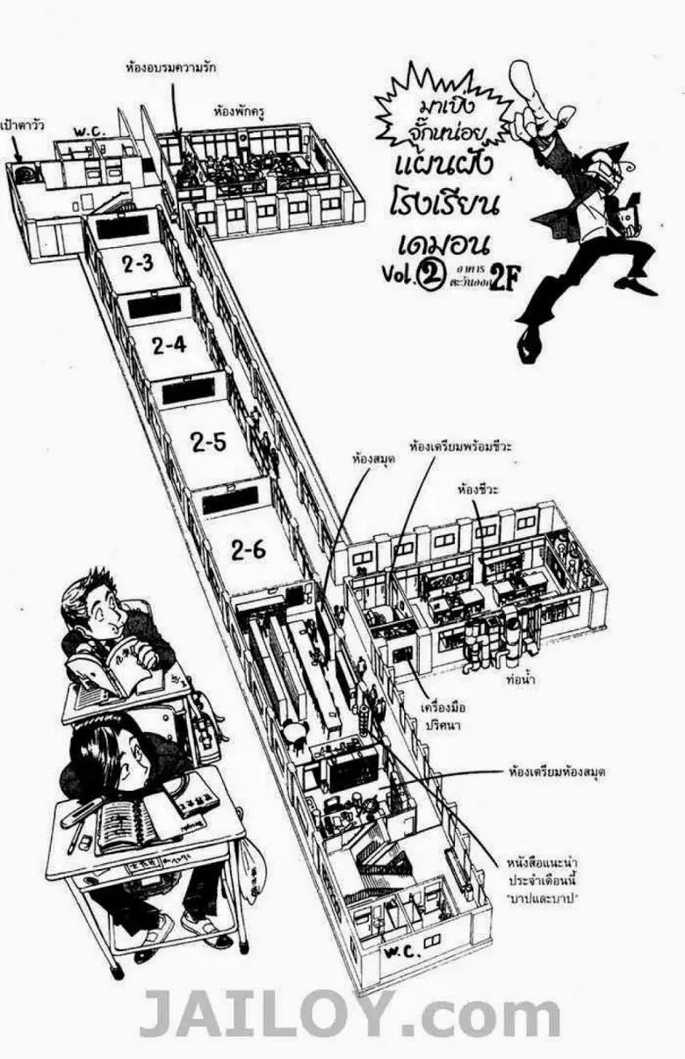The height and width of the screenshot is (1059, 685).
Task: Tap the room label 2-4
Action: pos(169,345)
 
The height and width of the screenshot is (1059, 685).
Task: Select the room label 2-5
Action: pos(208,442)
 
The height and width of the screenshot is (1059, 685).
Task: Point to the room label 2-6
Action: pos(249,550)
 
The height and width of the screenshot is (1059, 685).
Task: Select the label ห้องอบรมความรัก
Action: pos(171,67)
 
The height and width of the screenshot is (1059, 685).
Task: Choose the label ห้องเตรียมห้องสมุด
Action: pos(558,772)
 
